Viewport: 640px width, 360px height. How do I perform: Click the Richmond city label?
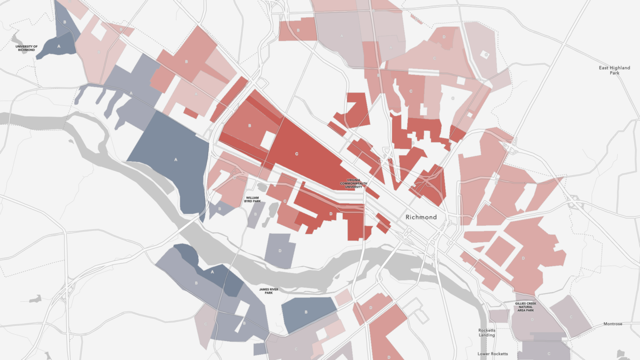(x=421, y=217)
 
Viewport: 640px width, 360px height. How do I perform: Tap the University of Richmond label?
(x=26, y=48)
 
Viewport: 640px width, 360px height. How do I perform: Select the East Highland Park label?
(x=614, y=70)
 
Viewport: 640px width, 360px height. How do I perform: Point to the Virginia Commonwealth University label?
(x=351, y=184)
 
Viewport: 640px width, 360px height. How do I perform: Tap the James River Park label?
(x=268, y=291)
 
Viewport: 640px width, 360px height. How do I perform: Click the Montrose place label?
(x=612, y=324)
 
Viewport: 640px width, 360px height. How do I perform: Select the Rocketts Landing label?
(x=487, y=332)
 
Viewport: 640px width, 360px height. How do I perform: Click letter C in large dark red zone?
(x=296, y=154)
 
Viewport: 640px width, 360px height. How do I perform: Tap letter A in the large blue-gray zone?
(x=176, y=159)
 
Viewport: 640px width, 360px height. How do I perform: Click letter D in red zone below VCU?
(x=331, y=214)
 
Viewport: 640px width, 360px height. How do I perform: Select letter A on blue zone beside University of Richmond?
(x=59, y=45)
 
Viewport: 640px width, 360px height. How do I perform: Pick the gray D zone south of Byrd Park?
(x=280, y=251)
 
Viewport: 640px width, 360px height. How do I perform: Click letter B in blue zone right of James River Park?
(x=305, y=312)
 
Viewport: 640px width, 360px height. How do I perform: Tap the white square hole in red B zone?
(x=268, y=140)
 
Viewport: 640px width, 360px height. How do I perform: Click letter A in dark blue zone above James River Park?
(x=212, y=272)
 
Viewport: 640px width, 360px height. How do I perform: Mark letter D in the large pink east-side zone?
(x=523, y=258)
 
